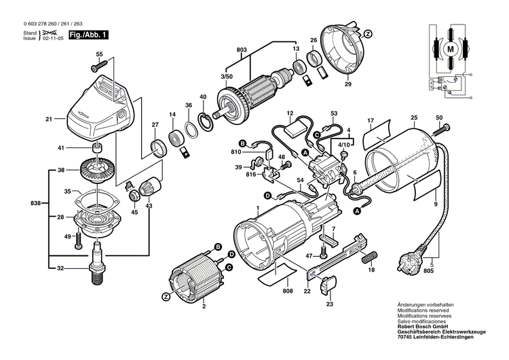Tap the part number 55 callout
click(x=99, y=54)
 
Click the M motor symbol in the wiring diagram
click(x=449, y=49)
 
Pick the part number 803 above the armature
click(x=242, y=49)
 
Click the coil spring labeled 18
click(x=369, y=257)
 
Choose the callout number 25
click(x=413, y=118)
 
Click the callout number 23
click(x=331, y=304)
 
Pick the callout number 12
click(x=289, y=113)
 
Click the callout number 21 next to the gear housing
click(x=49, y=120)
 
